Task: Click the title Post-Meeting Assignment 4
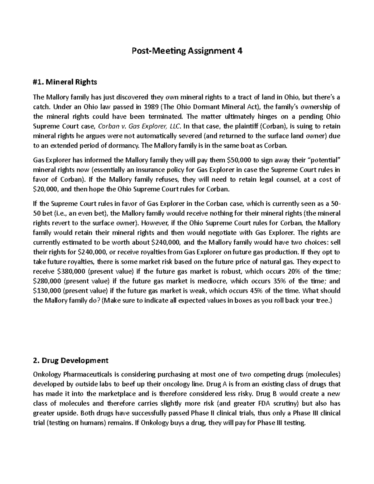tap(187, 50)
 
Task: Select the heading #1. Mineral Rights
tap(65, 82)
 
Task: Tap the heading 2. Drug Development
tap(70, 361)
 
